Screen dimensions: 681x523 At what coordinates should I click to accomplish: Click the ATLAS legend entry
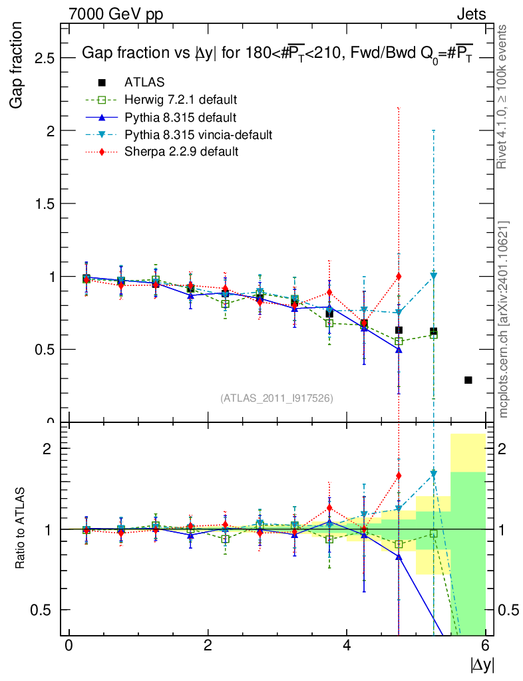click(144, 82)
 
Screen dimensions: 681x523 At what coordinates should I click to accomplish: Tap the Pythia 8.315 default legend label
click(180, 117)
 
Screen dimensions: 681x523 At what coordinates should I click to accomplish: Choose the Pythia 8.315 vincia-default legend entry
click(198, 134)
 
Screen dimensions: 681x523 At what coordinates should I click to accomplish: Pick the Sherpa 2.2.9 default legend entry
click(182, 152)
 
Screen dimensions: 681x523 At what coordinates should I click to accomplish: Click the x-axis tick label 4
click(347, 646)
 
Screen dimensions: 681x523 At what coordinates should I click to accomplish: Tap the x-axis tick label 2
click(208, 646)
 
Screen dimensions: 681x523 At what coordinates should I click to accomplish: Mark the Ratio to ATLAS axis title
click(21, 529)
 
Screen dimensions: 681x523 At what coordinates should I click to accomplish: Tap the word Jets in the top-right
click(470, 14)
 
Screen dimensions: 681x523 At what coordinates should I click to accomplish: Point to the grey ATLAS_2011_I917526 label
click(276, 398)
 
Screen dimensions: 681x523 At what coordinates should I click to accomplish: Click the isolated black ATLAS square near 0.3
click(468, 380)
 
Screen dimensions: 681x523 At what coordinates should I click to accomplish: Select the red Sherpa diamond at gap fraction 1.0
click(399, 276)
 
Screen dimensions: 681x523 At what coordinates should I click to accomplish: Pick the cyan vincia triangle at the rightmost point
click(434, 275)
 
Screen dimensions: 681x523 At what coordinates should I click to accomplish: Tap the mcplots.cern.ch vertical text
click(504, 319)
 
